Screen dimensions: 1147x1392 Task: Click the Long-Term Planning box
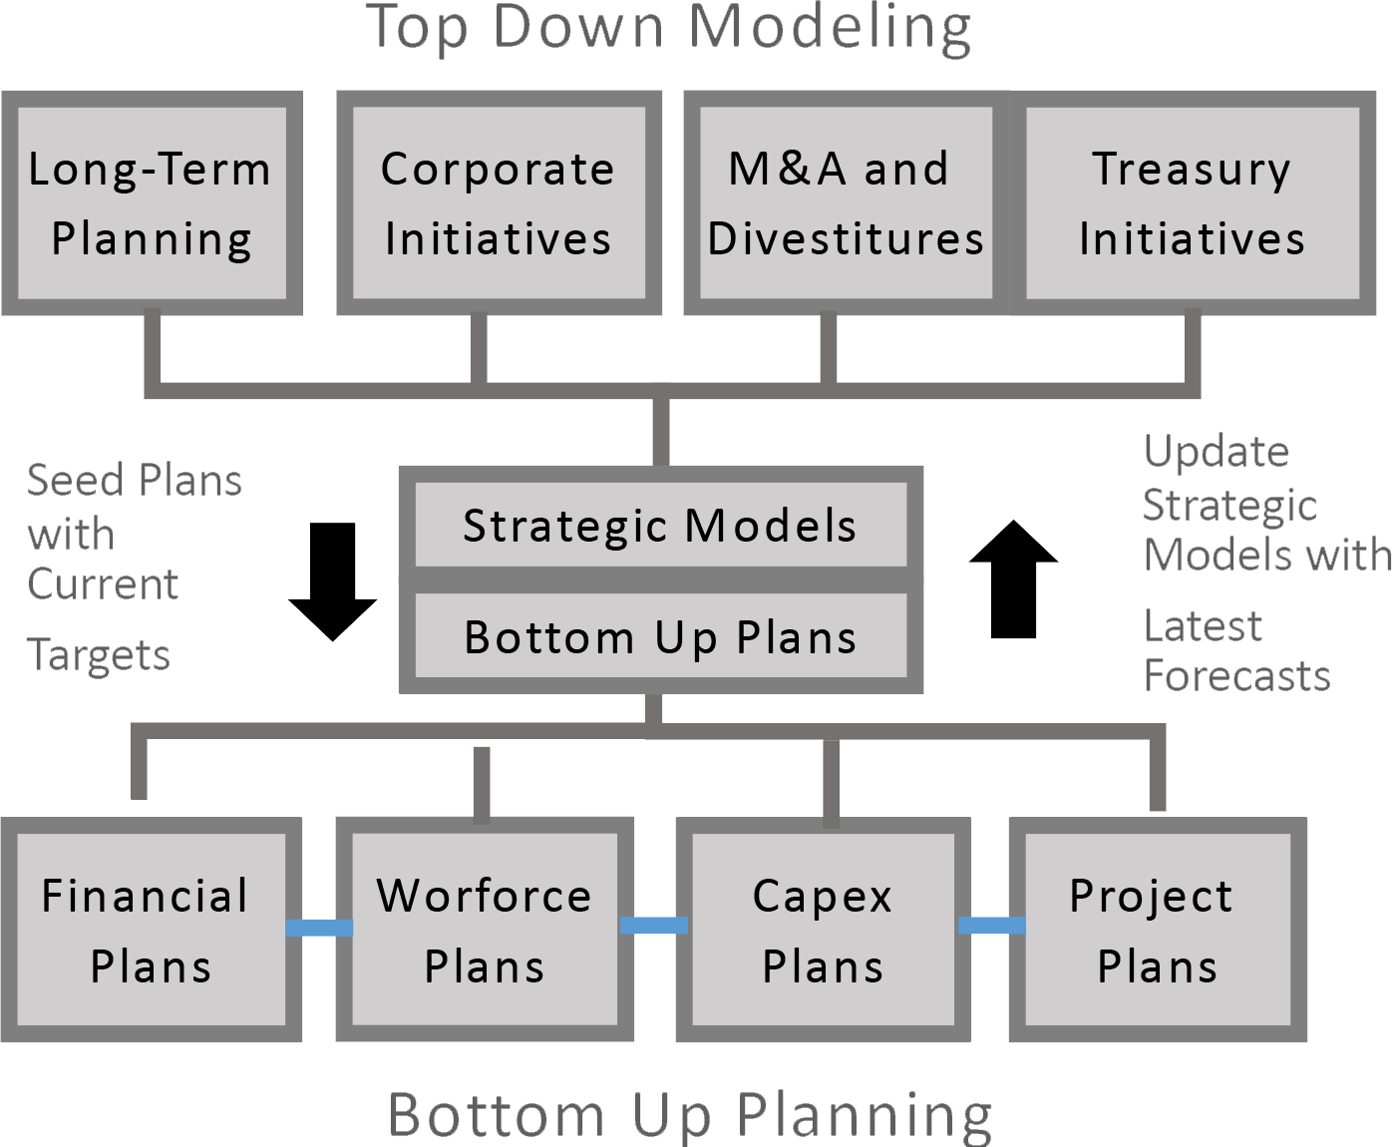pos(152,203)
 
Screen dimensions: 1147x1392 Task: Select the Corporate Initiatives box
pos(499,203)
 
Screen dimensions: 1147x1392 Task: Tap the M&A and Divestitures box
pos(846,203)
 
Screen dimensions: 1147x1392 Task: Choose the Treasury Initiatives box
pos(1193,203)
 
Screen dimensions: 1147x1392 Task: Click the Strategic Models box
pos(660,526)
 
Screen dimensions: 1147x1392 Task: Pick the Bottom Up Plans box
pos(660,636)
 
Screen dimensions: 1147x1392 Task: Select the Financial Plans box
pos(151,930)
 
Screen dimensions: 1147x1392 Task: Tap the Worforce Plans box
pos(485,930)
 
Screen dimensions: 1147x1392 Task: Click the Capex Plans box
pos(824,930)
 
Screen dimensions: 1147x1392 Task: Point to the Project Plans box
pos(1158,930)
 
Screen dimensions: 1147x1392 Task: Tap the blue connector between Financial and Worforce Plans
pos(319,928)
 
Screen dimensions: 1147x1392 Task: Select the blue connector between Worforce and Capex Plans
pos(654,925)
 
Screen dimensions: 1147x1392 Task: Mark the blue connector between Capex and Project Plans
pos(992,925)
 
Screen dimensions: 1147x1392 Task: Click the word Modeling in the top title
pos(830,28)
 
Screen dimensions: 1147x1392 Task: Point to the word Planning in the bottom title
pos(865,1115)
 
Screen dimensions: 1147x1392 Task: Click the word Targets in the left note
pos(99,656)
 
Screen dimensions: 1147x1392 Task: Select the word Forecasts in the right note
pos(1236,676)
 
